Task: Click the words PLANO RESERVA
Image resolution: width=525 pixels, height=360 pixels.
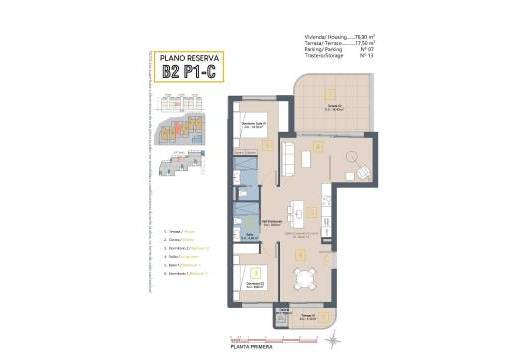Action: point(190,59)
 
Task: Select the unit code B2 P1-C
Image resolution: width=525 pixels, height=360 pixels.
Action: point(190,73)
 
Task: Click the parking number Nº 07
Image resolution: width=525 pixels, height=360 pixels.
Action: point(366,50)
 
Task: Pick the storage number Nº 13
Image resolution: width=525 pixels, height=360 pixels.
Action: point(366,57)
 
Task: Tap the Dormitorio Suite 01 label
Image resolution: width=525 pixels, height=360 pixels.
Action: point(254,126)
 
